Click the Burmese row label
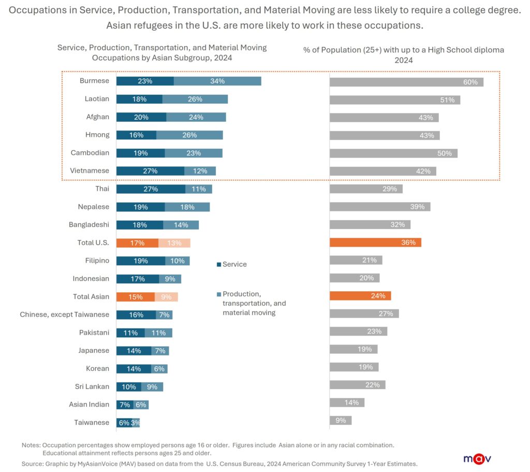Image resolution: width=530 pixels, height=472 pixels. tap(94, 81)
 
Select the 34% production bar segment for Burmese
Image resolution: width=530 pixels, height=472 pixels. tap(217, 81)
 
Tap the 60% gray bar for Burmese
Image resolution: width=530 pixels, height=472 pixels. tap(406, 82)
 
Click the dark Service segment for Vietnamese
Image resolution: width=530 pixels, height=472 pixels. tap(150, 171)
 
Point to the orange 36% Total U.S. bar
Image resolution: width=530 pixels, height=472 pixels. tap(375, 242)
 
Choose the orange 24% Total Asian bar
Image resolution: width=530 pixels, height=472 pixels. tap(360, 296)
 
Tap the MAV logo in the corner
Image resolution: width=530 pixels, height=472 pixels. tap(477, 459)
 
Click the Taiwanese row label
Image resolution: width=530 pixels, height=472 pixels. tap(92, 422)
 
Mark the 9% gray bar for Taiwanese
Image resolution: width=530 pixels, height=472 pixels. tap(341, 421)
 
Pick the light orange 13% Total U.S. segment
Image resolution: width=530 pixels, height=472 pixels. tap(174, 243)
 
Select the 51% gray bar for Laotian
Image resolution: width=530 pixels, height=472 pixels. tap(395, 99)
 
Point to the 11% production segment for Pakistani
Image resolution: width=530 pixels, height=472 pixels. tap(158, 333)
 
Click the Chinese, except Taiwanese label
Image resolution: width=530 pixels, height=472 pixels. tap(65, 314)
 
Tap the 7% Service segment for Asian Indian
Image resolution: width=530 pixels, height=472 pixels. tap(125, 405)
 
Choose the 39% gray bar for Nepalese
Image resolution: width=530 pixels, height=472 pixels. tap(380, 207)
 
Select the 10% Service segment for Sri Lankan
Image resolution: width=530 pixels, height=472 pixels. tap(129, 387)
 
